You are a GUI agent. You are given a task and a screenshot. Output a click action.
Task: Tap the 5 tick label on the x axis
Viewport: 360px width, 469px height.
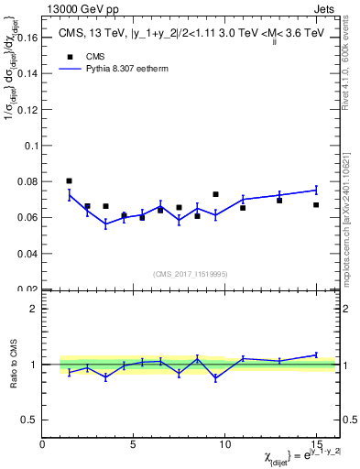134,444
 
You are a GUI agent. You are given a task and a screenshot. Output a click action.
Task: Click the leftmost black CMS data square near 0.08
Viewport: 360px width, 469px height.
70,181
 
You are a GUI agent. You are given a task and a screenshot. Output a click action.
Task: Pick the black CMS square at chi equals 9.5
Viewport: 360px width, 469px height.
215,194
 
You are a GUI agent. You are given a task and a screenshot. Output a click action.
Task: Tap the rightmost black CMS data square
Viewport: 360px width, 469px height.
316,204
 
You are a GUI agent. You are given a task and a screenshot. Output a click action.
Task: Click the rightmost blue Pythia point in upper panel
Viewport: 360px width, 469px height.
316,190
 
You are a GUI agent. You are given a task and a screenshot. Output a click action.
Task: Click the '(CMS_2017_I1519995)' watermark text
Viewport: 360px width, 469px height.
190,273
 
